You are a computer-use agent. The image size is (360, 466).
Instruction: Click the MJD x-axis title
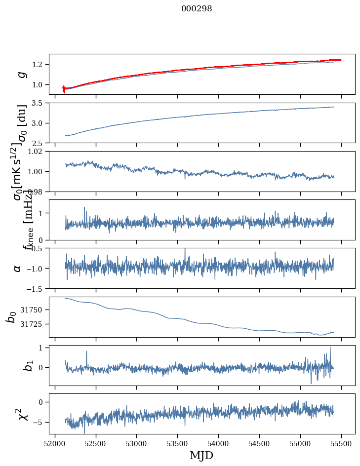201,455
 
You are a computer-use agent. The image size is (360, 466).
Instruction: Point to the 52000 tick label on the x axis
55,444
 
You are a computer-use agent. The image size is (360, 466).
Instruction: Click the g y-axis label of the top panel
21,75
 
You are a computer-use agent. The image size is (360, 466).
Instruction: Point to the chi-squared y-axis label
21,414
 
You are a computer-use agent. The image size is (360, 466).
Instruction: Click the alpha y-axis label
17,268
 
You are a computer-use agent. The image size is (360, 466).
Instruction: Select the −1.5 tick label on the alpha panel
37,288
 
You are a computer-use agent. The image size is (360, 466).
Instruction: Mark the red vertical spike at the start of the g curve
64,89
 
